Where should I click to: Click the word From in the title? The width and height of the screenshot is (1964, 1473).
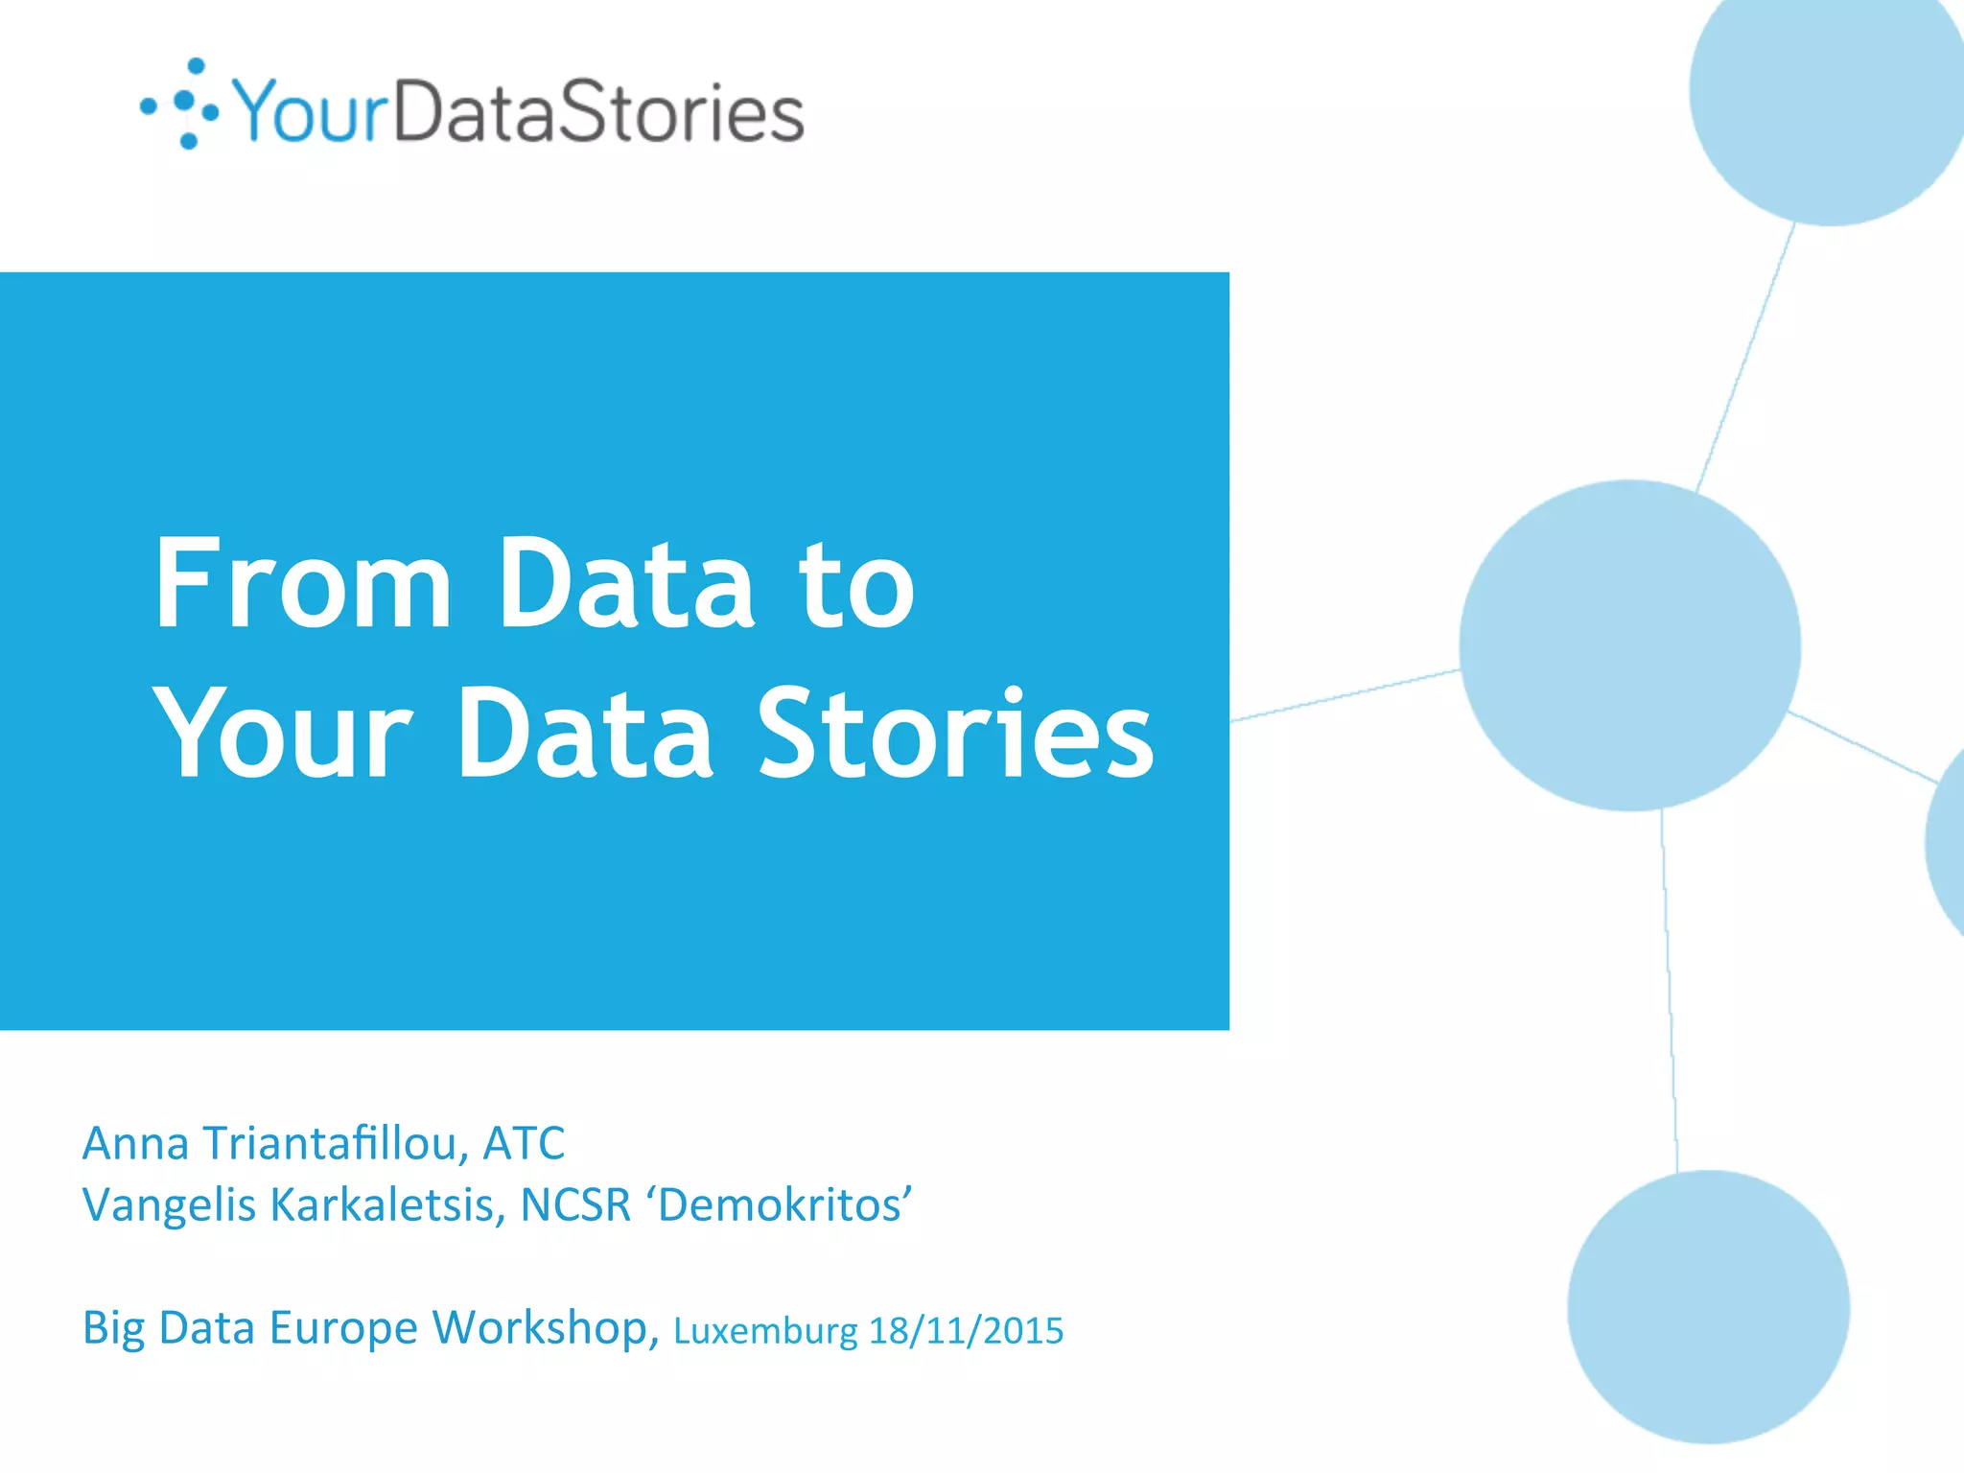coord(302,584)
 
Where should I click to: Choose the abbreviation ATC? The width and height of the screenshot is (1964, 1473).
coord(524,1143)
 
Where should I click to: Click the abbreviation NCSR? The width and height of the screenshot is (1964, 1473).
coord(575,1205)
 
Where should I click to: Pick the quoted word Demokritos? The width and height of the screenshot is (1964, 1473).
coord(782,1205)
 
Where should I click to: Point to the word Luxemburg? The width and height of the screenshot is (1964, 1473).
coord(765,1331)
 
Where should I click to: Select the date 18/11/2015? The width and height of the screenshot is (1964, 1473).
coord(966,1331)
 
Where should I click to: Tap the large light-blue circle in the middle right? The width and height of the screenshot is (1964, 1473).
coord(1629,645)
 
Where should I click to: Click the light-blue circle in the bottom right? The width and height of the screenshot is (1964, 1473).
coord(1708,1306)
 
